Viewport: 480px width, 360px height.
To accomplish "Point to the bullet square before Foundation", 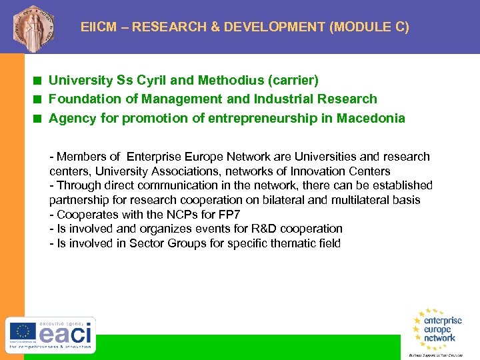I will point(39,99).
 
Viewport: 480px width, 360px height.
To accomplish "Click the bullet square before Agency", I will point(39,119).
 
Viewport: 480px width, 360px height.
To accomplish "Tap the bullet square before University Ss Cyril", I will point(39,81).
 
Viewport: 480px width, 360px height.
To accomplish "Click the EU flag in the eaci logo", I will point(22,332).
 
